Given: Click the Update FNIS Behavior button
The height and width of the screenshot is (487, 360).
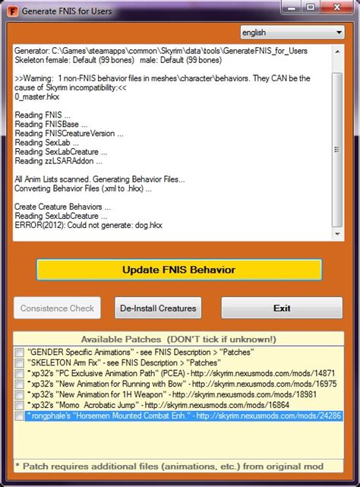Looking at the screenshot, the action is (x=178, y=270).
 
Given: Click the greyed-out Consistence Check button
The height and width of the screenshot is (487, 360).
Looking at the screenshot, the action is (x=58, y=308).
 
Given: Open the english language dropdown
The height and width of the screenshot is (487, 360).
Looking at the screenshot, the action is (x=291, y=33).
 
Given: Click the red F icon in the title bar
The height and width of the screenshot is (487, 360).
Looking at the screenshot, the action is (x=8, y=9).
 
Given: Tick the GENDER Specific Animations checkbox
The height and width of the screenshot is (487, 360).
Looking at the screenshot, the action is (x=20, y=353).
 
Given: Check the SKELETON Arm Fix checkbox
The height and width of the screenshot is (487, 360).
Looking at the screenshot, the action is (x=20, y=363).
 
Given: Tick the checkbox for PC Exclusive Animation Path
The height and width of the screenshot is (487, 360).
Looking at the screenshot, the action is (x=20, y=374).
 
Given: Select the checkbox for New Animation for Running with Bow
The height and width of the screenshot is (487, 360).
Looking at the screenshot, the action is (x=20, y=384).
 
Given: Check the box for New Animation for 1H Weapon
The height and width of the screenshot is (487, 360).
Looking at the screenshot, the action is (x=20, y=395).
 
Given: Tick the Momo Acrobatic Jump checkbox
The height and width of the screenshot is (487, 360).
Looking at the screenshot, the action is (x=20, y=406).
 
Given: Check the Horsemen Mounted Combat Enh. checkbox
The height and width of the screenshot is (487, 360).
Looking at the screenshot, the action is (x=20, y=416).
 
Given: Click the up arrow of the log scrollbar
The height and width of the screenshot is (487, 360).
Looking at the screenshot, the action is (x=338, y=50).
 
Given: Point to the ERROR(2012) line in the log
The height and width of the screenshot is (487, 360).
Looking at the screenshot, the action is (x=88, y=225).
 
